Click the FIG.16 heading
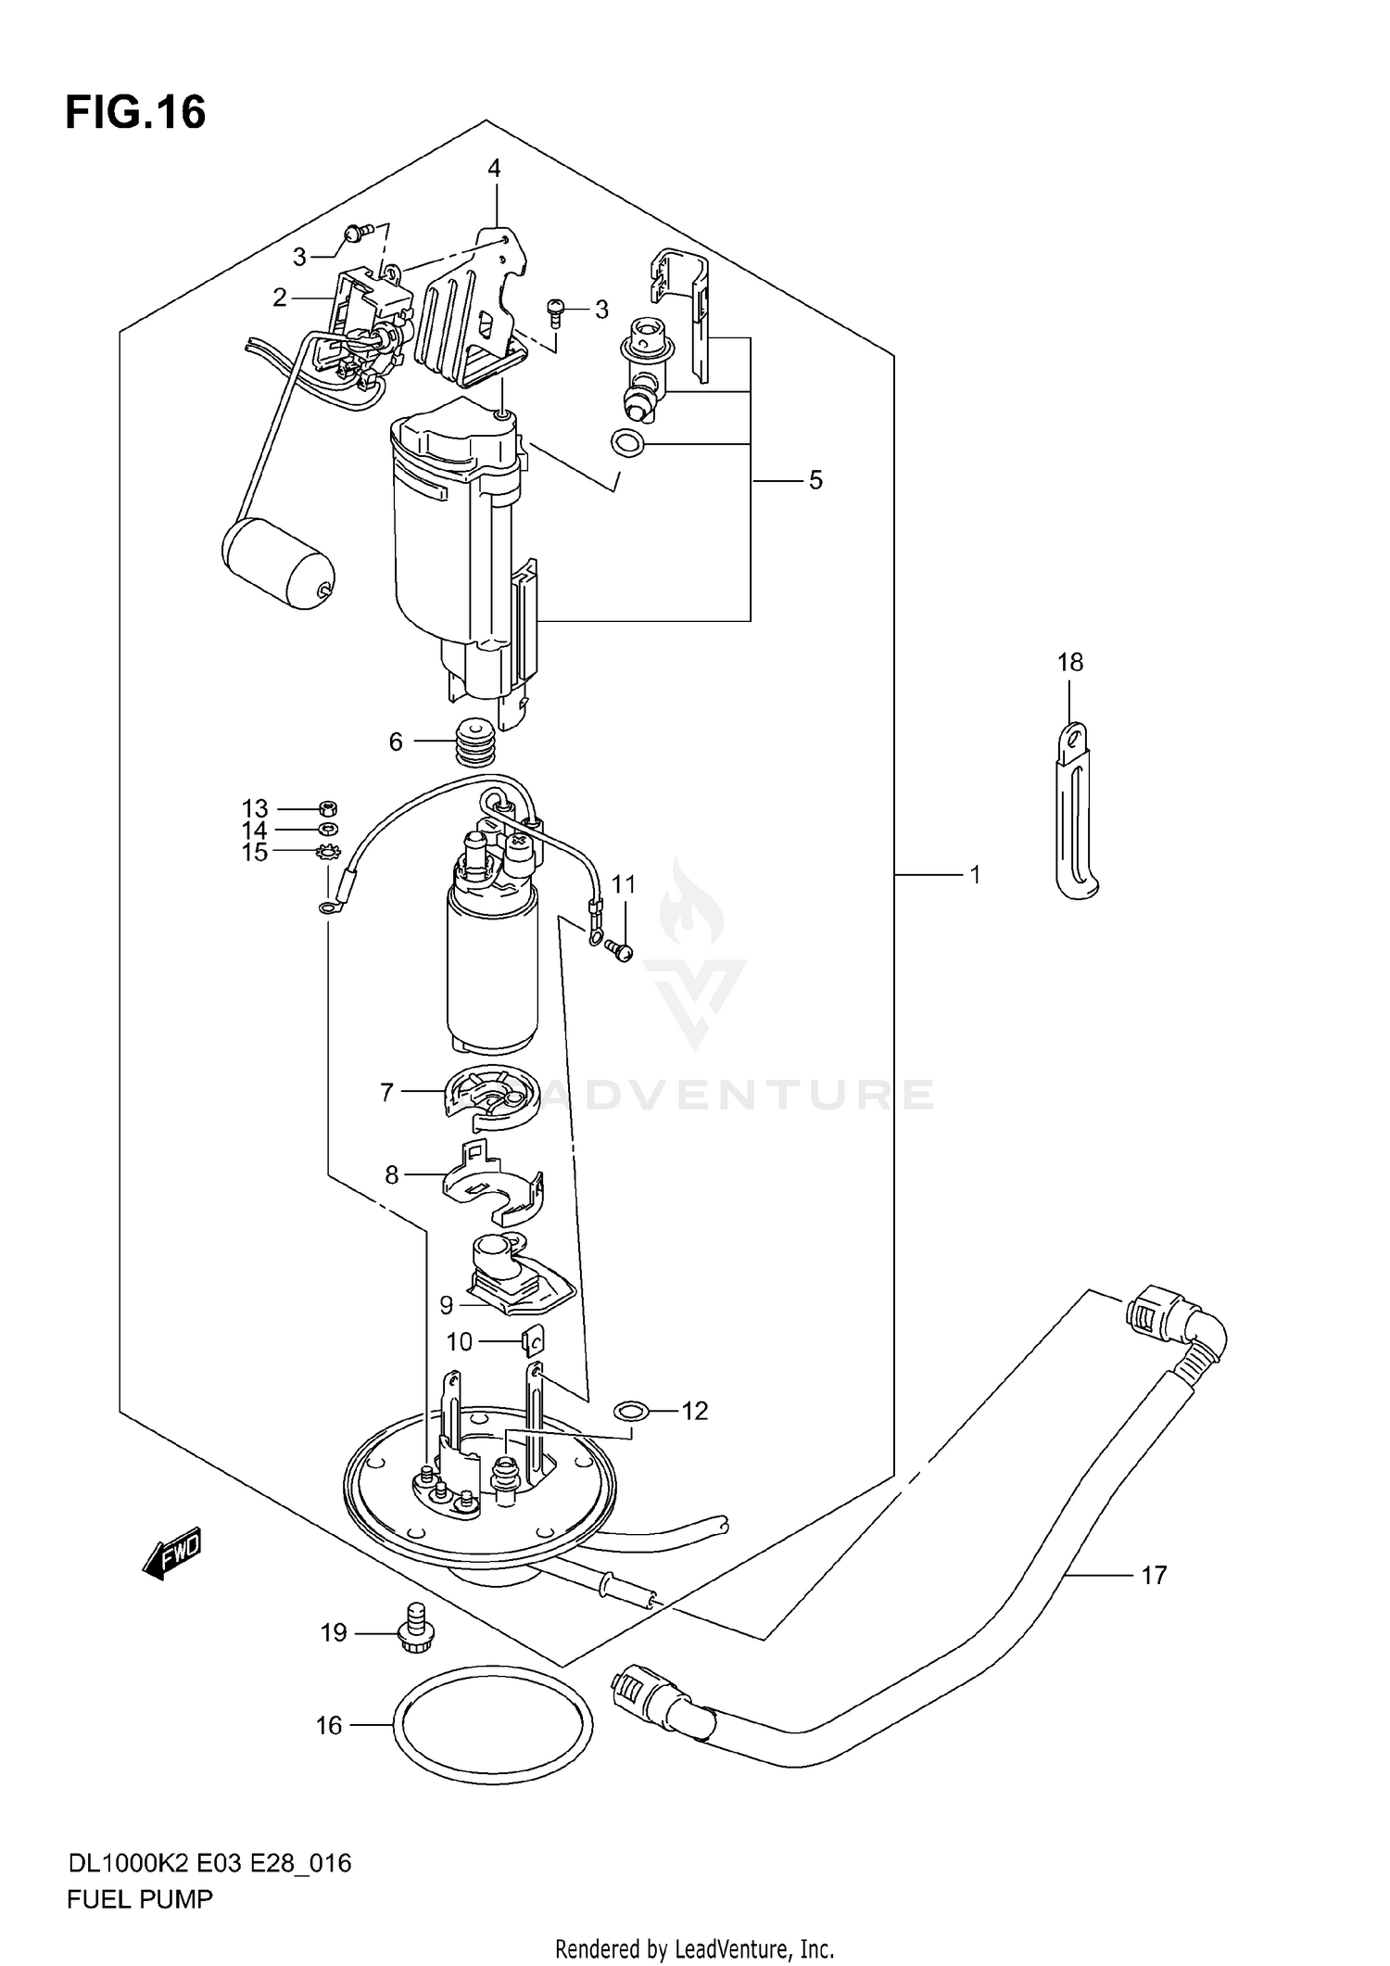click(x=135, y=113)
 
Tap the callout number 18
click(x=1069, y=662)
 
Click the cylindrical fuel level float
click(x=277, y=564)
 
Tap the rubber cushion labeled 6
click(x=476, y=742)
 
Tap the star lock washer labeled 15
click(x=328, y=853)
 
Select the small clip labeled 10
click(x=532, y=1340)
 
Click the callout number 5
click(x=815, y=480)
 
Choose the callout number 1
click(x=975, y=874)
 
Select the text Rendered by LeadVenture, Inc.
click(x=694, y=1948)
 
